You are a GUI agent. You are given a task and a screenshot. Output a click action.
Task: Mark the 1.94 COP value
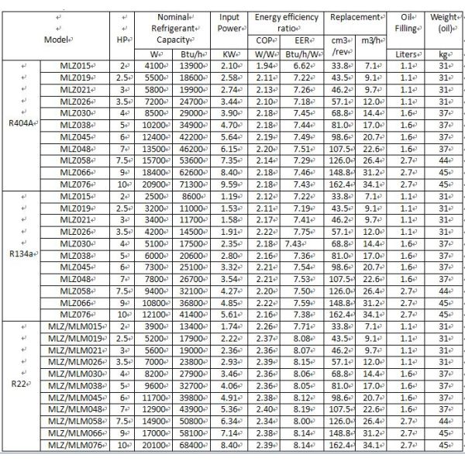[264, 67]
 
